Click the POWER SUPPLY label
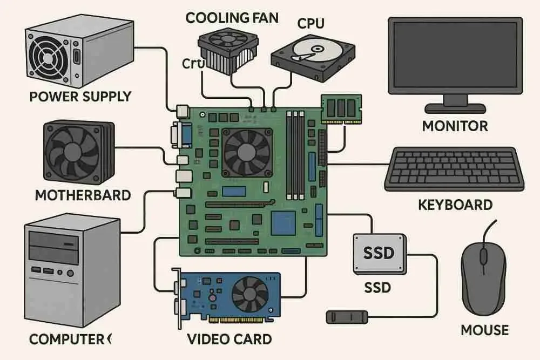coord(80,97)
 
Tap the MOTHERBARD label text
coord(83,195)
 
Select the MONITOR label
coord(455,126)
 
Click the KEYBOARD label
coord(455,205)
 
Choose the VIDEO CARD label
coord(230,339)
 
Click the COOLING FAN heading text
coord(232,17)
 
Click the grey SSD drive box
coord(379,252)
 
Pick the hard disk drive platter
coord(307,51)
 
